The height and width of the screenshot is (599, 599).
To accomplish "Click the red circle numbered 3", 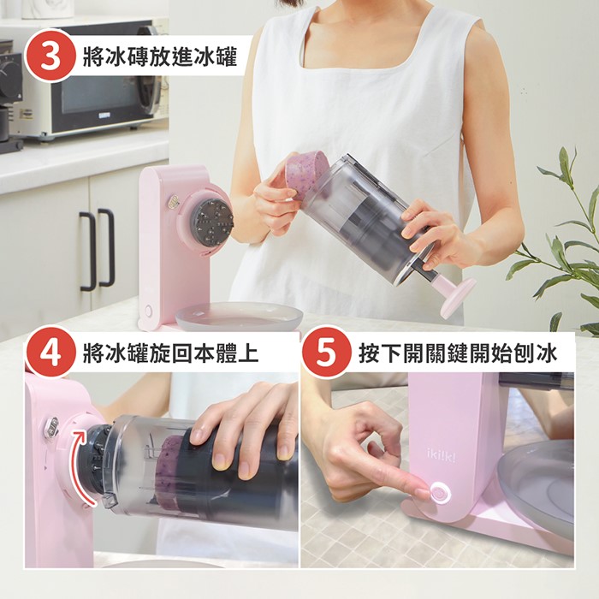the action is (x=50, y=56).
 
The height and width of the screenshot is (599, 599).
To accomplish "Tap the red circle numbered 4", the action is (x=50, y=353).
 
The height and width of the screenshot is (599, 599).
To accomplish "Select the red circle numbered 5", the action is (x=326, y=353).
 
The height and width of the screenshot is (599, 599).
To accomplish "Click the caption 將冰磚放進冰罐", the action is (x=160, y=56).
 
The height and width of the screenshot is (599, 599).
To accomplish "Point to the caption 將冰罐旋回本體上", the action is (x=171, y=353).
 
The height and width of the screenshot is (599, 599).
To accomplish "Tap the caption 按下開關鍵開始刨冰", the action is (x=457, y=353).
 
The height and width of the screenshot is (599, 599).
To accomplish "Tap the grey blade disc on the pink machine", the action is (x=213, y=221).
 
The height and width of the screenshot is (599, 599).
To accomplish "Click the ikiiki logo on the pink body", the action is (x=442, y=454).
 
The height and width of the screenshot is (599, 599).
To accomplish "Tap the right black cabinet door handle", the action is (x=107, y=247).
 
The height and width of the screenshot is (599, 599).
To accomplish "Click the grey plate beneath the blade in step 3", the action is (x=239, y=317).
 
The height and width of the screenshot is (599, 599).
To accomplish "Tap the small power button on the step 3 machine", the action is (x=148, y=310).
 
